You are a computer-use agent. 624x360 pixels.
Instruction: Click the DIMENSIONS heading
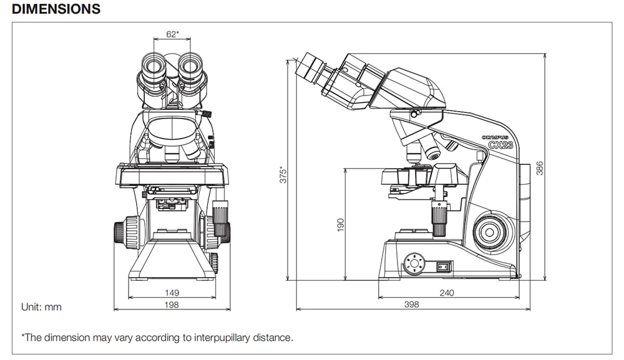point(56,9)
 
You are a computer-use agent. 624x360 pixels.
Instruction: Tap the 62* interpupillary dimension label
point(172,35)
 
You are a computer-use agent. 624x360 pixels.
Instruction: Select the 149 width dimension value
point(172,292)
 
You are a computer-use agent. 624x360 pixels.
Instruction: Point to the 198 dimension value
point(172,304)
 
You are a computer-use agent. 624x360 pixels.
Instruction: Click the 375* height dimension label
point(282,174)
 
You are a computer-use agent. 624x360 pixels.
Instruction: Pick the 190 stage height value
point(341,225)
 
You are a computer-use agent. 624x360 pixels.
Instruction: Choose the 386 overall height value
point(540,168)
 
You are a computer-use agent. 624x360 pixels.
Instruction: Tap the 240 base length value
point(447,292)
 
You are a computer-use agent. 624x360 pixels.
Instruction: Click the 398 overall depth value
point(412,304)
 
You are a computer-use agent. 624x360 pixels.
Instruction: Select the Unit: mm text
point(42,307)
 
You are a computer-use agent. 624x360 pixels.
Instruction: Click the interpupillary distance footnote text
point(157,338)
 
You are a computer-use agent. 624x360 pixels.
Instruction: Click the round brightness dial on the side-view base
point(413,264)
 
